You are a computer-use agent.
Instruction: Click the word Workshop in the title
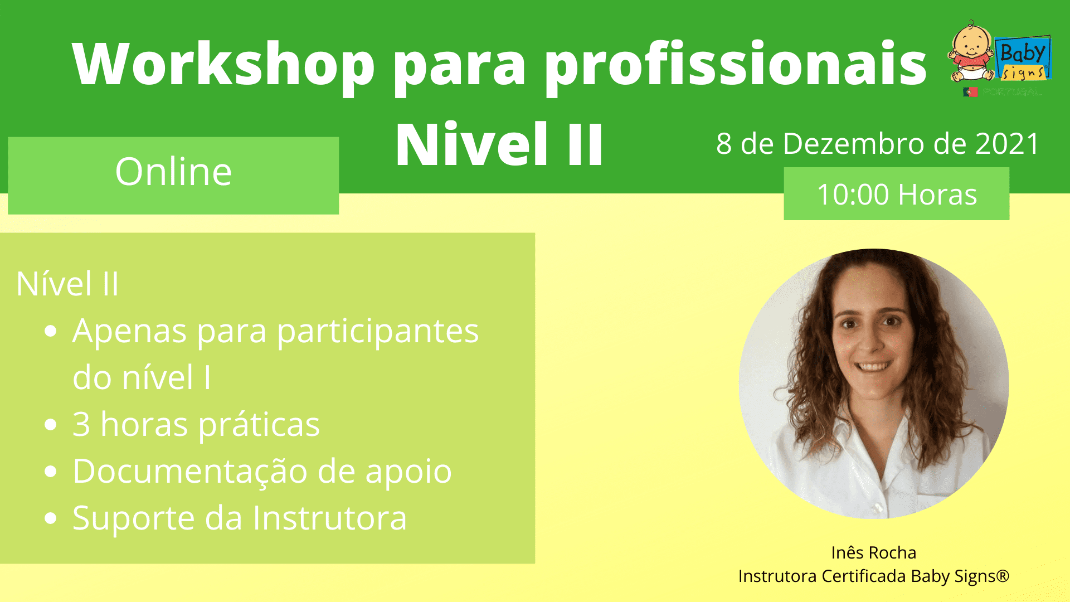223,64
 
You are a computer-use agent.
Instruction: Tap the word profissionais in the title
735,64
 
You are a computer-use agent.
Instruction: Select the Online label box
173,176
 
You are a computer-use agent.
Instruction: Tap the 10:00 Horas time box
896,194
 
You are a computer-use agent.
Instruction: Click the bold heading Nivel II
499,144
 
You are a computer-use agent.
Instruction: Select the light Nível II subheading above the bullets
67,284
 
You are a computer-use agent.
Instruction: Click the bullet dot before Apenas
51,332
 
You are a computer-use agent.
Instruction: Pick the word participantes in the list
378,332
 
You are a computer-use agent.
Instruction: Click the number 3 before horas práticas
81,424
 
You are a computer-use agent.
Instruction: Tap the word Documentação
190,472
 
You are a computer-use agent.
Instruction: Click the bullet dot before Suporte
51,518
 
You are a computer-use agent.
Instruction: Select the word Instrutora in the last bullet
330,518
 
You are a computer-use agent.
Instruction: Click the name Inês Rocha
873,552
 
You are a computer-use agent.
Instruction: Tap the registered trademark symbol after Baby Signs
1003,575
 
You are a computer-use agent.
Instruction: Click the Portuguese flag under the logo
970,92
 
